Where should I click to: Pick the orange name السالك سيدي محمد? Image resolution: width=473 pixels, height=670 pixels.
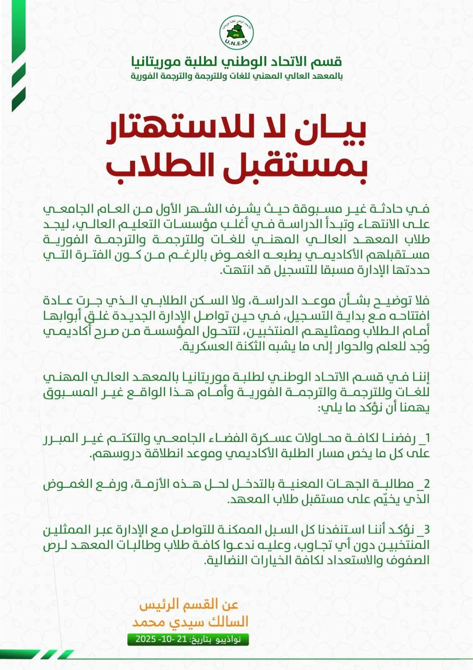190,622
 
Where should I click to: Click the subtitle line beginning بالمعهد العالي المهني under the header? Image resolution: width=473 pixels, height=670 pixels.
237,76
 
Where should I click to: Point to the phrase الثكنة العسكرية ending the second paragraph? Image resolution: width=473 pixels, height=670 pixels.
213,347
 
